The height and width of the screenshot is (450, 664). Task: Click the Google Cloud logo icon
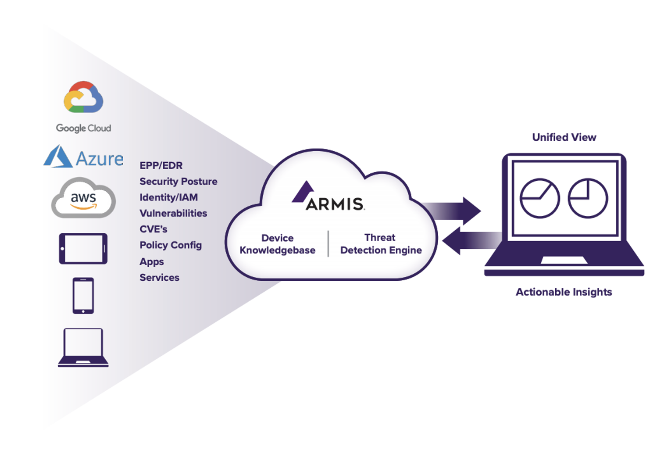coord(83,97)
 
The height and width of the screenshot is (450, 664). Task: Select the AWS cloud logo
coord(83,198)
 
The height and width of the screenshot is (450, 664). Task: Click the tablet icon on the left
coord(83,249)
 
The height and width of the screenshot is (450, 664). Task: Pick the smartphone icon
coord(83,296)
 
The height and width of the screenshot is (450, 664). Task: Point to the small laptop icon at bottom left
coord(83,347)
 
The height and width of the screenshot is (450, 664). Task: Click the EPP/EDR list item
coord(161,165)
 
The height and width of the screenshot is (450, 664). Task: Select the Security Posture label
coord(178,182)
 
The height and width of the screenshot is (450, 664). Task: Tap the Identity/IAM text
coord(168,197)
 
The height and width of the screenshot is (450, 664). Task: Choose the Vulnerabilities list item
coord(173,213)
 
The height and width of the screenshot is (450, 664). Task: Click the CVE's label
coord(153,229)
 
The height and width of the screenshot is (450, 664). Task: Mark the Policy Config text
coord(171,245)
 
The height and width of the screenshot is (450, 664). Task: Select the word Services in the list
coord(159,278)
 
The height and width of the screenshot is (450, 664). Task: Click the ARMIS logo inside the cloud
coord(329,197)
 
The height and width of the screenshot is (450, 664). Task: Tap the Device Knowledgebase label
coord(277,244)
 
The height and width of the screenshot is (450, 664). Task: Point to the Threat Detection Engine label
coord(381,244)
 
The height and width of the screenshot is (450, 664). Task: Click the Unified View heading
coord(564,137)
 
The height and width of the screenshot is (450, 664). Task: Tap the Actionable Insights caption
coord(564,292)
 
